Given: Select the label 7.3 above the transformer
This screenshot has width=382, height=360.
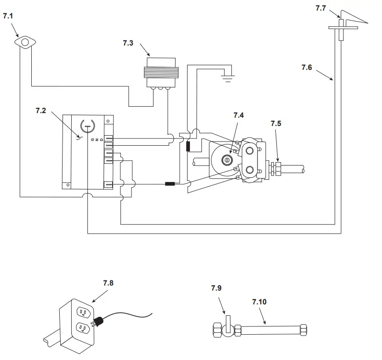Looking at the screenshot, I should (129, 43).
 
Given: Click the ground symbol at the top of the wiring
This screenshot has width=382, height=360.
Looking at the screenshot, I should (227, 76).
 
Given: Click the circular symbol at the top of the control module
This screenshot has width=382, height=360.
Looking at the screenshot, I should (87, 125).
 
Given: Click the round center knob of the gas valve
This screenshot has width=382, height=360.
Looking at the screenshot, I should (226, 160).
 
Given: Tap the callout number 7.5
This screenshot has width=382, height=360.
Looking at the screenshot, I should (276, 124).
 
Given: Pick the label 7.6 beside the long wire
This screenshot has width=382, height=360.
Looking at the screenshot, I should (307, 68).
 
